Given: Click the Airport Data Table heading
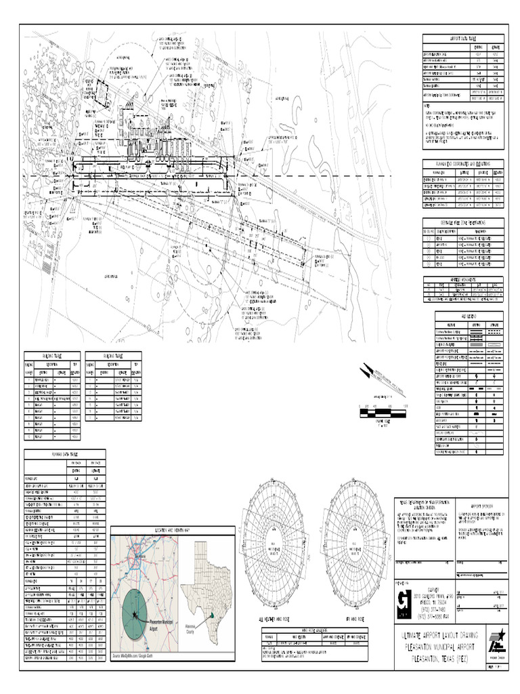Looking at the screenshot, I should click(x=464, y=39).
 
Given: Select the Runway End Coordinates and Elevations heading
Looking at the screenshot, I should click(x=464, y=163).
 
